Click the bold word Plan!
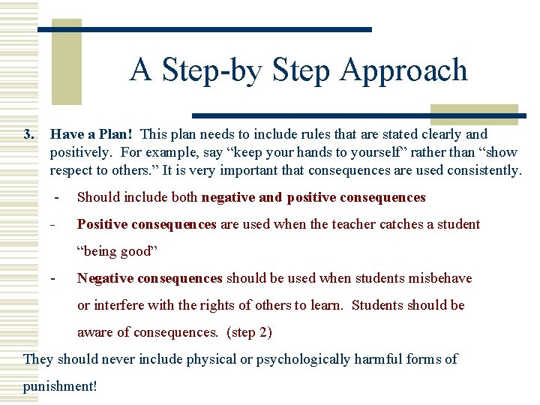pyautogui.click(x=115, y=135)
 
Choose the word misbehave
pyautogui.click(x=439, y=278)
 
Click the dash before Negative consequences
pyautogui.click(x=53, y=278)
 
